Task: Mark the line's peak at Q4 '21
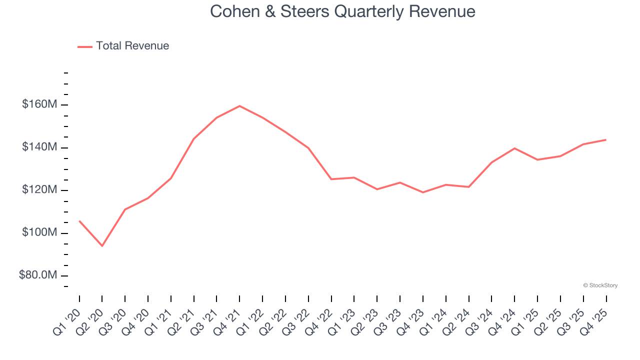(x=239, y=106)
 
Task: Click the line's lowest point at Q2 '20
(x=102, y=246)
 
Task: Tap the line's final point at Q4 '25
(x=606, y=139)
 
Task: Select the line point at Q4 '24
(x=514, y=148)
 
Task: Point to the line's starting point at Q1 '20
(x=79, y=221)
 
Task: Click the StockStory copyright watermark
(x=600, y=285)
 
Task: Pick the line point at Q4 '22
(x=331, y=179)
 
